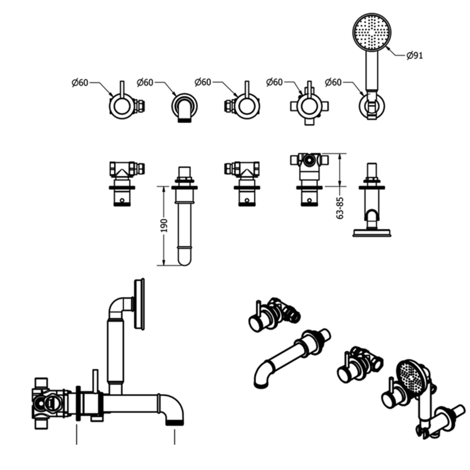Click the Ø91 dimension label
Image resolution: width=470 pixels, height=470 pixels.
(415, 55)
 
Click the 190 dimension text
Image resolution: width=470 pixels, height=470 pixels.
(164, 225)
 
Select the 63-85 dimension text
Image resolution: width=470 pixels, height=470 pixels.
(341, 207)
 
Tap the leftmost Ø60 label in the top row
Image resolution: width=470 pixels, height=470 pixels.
(80, 83)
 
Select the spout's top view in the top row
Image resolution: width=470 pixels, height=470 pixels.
(184, 107)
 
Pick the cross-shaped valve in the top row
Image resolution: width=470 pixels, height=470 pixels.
(308, 105)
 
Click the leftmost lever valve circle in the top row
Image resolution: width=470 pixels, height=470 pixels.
(121, 105)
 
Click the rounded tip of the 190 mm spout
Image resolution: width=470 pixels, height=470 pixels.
(184, 258)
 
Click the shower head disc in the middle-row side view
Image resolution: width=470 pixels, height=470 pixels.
(372, 233)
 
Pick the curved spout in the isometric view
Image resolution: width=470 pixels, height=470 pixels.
(287, 357)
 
